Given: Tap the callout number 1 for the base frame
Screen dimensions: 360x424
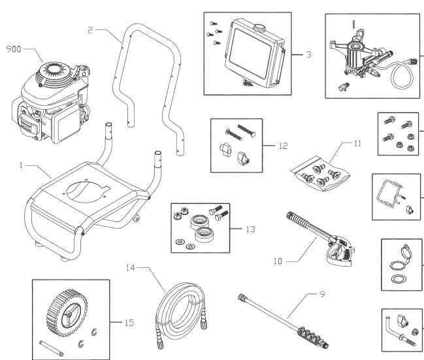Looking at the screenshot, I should tap(23, 167).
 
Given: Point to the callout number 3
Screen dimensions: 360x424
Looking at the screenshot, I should tap(308, 55).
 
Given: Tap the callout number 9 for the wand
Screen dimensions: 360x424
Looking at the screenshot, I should tap(321, 294).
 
